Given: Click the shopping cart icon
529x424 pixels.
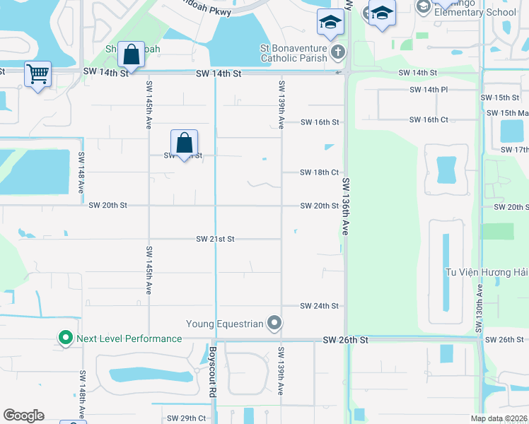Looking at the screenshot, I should [x=37, y=73].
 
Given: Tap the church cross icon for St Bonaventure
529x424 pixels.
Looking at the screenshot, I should [x=338, y=52].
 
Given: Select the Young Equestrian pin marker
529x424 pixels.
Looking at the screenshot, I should [x=275, y=324].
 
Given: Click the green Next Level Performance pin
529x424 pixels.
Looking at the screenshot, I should [x=66, y=338].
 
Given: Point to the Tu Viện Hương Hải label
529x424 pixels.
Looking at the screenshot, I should [x=485, y=273].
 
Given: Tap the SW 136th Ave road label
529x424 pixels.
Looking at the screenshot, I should [x=346, y=206].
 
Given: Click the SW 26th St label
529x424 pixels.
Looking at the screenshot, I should [x=346, y=340].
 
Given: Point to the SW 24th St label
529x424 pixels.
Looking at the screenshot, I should [x=319, y=306].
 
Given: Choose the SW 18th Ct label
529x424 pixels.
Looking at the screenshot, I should [x=319, y=172].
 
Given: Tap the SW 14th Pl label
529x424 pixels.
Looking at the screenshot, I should [x=429, y=90].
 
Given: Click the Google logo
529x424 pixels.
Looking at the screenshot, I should [x=23, y=416].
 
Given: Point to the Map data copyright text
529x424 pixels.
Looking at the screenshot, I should [x=499, y=418].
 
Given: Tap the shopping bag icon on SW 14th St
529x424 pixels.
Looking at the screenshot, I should [x=132, y=54].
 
